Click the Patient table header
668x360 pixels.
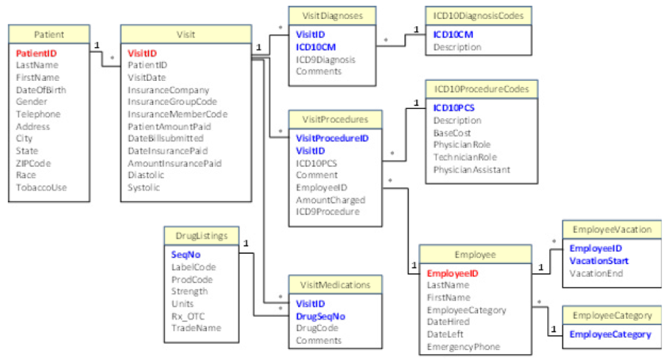click(x=49, y=34)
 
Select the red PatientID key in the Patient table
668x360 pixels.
click(x=35, y=53)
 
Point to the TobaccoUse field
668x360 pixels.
click(x=41, y=188)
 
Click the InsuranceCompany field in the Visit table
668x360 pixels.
click(x=168, y=90)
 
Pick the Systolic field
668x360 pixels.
click(x=144, y=188)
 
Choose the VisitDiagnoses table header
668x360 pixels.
click(x=333, y=15)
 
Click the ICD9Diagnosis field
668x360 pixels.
click(x=326, y=59)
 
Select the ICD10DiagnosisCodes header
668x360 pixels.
click(x=478, y=15)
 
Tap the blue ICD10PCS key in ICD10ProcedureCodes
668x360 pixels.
click(x=453, y=108)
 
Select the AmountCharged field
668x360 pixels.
click(x=330, y=200)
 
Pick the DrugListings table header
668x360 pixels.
click(x=202, y=236)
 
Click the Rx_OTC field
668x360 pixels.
click(x=188, y=316)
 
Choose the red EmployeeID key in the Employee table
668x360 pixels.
click(x=453, y=273)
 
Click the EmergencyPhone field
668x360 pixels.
click(x=463, y=347)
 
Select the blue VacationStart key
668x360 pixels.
click(x=599, y=261)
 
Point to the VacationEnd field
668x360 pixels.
click(x=596, y=273)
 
